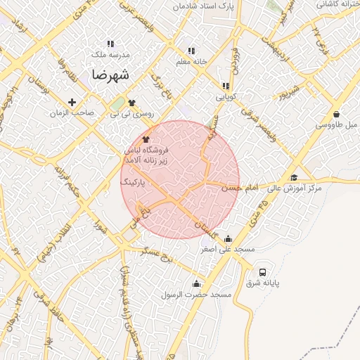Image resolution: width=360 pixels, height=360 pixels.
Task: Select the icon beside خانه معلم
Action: pos(191,51)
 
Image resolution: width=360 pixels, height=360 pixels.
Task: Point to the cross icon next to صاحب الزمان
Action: pos(72,103)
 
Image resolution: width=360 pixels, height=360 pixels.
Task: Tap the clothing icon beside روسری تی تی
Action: pos(131,103)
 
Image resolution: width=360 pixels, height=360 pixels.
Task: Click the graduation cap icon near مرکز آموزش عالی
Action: pos(294,178)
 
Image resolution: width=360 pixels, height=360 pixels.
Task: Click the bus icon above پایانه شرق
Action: pos(262,272)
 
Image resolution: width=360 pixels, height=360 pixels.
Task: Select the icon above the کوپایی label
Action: pos(226,86)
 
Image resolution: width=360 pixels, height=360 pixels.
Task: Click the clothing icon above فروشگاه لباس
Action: pos(146,139)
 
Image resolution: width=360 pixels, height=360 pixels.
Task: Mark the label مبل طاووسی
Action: pos(335,124)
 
